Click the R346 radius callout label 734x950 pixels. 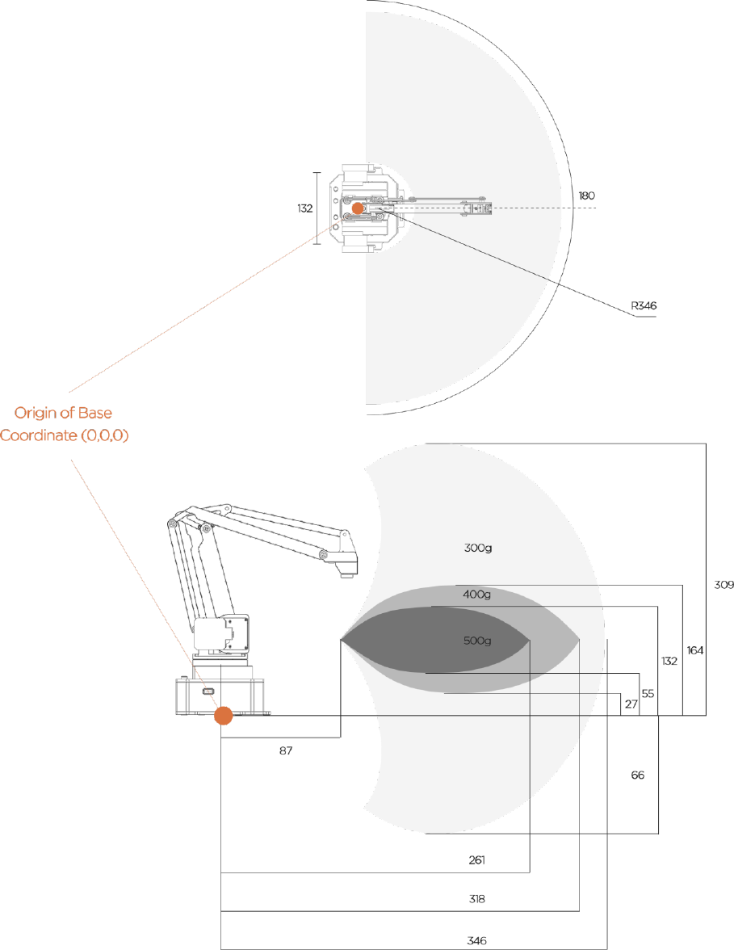click(644, 306)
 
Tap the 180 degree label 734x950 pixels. click(586, 195)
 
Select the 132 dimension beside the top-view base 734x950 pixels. click(304, 208)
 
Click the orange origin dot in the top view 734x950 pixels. click(358, 208)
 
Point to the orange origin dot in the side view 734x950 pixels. click(224, 716)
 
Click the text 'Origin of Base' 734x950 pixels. click(64, 414)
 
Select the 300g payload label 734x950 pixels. click(477, 549)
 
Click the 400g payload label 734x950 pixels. click(476, 595)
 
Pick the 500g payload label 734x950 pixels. click(477, 641)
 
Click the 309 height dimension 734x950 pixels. click(724, 585)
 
